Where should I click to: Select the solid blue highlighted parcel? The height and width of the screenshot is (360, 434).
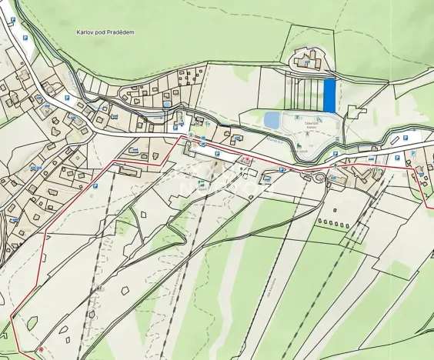pyautogui.click(x=329, y=95)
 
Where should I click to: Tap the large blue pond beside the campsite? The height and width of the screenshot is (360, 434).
pyautogui.click(x=272, y=120)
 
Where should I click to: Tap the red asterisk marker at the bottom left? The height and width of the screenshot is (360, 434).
pyautogui.click(x=41, y=350)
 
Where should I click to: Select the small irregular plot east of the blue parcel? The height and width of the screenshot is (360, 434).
pyautogui.click(x=355, y=111)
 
